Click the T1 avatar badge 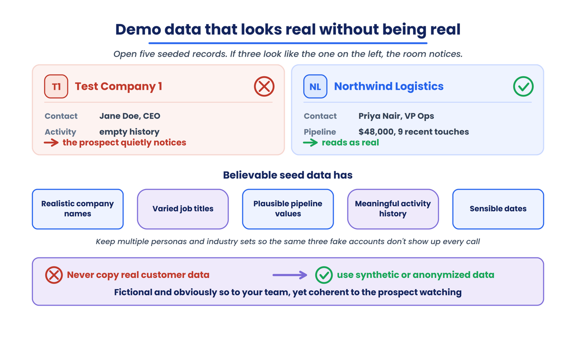56,86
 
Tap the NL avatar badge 315,86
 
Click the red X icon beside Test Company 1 264,86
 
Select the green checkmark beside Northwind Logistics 523,86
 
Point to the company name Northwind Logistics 389,86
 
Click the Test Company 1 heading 118,86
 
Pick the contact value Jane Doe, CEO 130,116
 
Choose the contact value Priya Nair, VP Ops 396,116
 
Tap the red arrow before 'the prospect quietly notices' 51,143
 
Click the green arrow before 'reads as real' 310,143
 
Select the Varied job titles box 183,209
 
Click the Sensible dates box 498,209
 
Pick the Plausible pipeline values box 288,209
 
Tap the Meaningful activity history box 393,209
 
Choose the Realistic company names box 78,209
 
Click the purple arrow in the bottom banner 290,275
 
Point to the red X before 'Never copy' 54,275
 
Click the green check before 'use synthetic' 324,275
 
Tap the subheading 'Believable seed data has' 288,175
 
